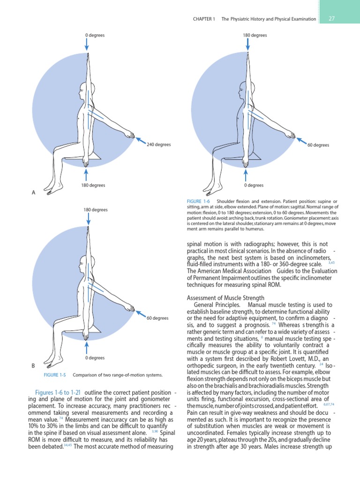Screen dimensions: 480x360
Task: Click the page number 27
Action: (331, 19)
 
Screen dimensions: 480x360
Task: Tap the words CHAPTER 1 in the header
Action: (204, 19)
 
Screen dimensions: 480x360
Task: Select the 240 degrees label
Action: (158, 145)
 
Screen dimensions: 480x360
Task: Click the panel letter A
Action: (33, 193)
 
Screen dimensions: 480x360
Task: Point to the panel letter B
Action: (33, 365)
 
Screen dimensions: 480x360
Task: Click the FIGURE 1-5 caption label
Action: (54, 375)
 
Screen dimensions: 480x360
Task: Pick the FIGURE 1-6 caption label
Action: (199, 202)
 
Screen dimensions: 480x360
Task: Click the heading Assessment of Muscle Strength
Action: (226, 297)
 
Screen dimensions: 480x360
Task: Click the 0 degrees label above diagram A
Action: (95, 35)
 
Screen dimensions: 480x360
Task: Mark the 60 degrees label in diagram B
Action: (157, 318)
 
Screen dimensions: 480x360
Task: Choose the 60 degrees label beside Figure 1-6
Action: (318, 145)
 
